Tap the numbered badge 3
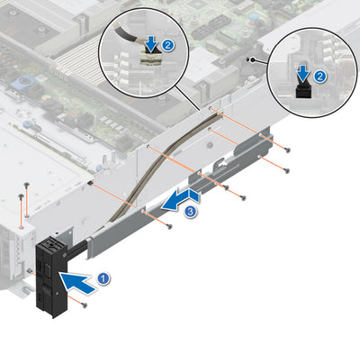pyautogui.click(x=190, y=212)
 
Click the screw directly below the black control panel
pyautogui.click(x=84, y=305)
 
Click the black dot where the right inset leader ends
pyautogui.click(x=262, y=61)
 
